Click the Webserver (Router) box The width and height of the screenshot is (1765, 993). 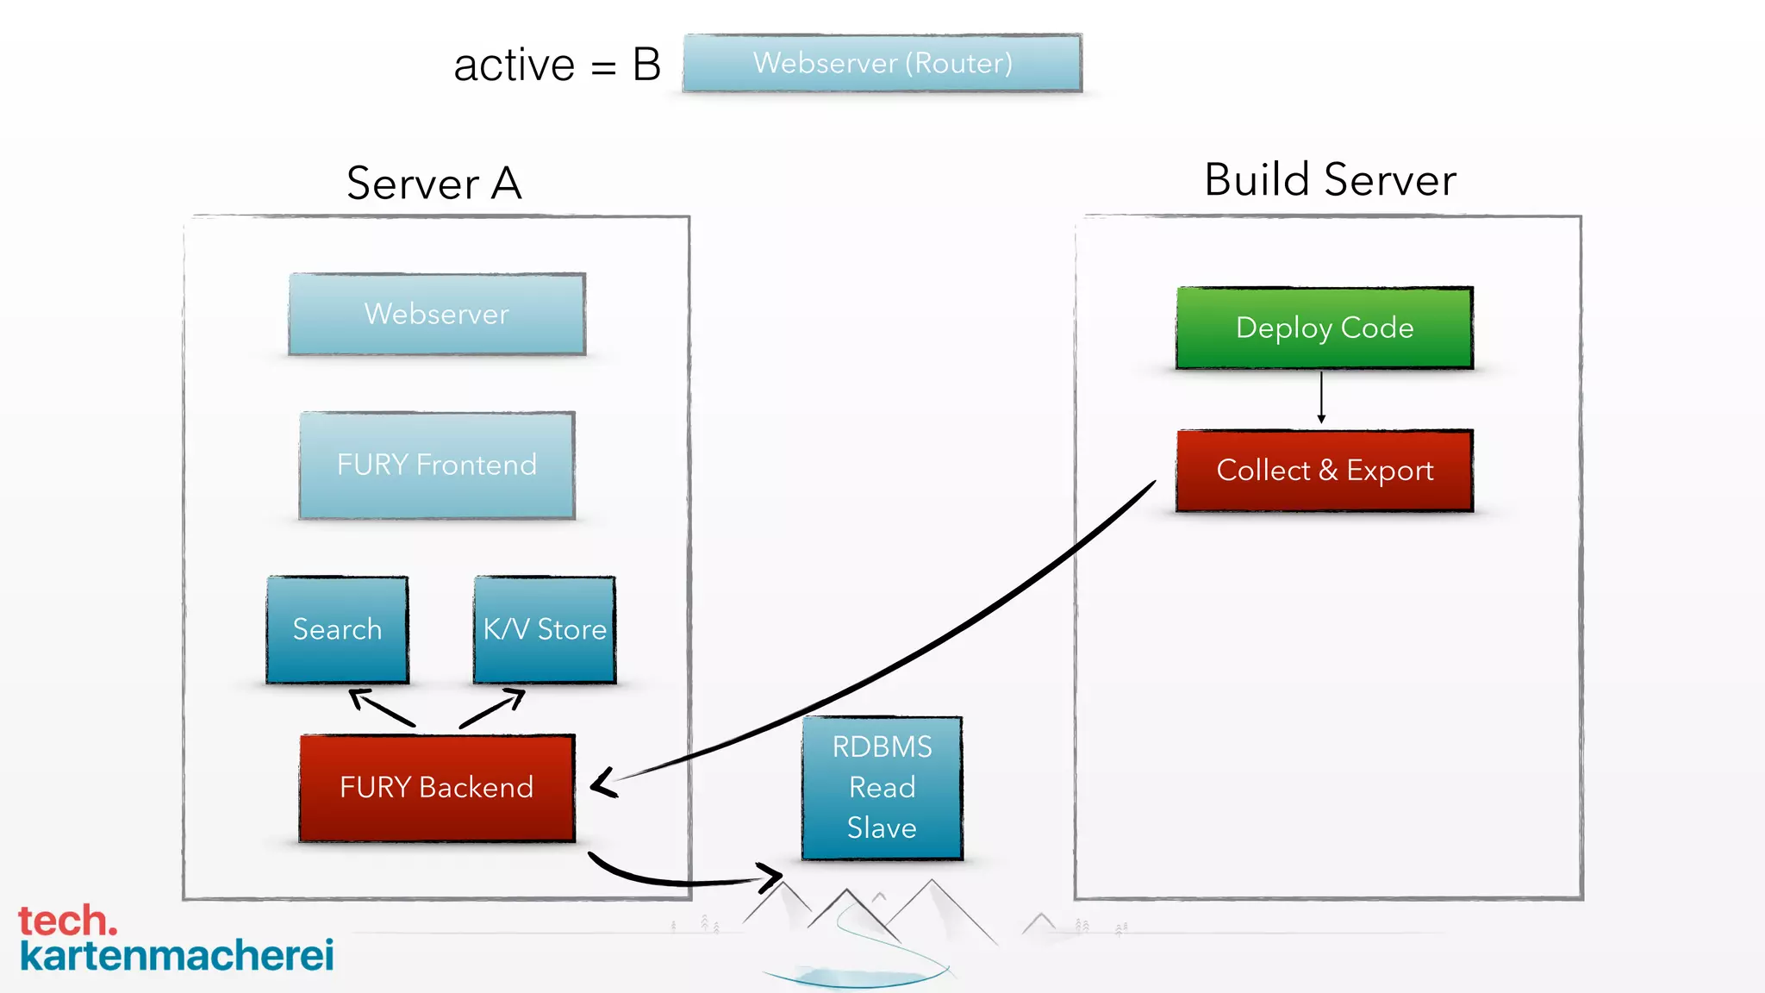[x=882, y=63]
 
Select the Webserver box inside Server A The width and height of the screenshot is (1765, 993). [x=437, y=314]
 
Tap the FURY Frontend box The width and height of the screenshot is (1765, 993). [x=437, y=465]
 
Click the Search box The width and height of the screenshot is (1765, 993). [x=337, y=629]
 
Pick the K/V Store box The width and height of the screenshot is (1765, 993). [x=545, y=629]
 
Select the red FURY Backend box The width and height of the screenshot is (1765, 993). [x=437, y=787]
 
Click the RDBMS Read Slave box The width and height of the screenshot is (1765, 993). [x=882, y=787]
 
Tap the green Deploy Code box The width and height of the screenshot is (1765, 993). [x=1325, y=328]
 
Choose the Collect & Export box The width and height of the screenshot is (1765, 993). [x=1325, y=471]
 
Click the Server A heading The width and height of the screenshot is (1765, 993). [x=434, y=184]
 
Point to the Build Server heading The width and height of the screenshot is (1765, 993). [x=1330, y=180]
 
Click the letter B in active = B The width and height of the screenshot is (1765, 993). [x=646, y=65]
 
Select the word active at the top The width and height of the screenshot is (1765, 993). [x=515, y=66]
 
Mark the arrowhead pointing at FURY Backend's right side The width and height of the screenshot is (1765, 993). [x=601, y=783]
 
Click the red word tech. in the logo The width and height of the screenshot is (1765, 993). [x=67, y=921]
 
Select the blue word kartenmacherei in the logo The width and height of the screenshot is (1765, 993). [x=177, y=956]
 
